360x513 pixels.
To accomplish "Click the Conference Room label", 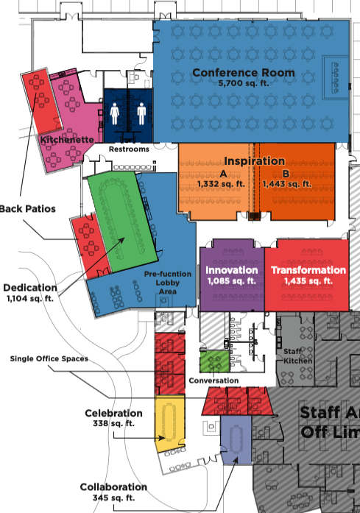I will tap(243, 72).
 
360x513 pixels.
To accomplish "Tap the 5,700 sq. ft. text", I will tap(243, 84).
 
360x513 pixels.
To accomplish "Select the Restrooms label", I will tap(129, 149).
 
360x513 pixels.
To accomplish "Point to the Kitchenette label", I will tap(66, 139).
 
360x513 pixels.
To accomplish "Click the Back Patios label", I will tap(27, 209).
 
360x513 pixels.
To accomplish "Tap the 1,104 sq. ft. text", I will tap(31, 299).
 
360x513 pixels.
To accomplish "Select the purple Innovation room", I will tap(231, 276).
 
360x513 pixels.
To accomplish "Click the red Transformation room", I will tap(308, 276).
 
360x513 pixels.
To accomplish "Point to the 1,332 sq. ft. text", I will tap(223, 183).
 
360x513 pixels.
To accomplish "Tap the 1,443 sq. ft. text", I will tap(286, 183).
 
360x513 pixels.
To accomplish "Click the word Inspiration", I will tap(254, 160).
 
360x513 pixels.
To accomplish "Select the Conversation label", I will tap(214, 381).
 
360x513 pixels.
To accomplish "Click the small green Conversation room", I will tap(214, 362).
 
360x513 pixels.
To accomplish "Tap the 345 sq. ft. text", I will tap(113, 498).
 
